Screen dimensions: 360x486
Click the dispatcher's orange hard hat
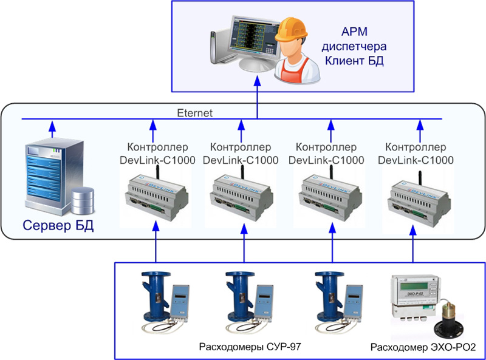pyautogui.click(x=289, y=33)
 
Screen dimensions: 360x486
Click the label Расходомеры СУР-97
pyautogui.click(x=250, y=347)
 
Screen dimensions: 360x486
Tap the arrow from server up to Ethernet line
pyautogui.click(x=52, y=129)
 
